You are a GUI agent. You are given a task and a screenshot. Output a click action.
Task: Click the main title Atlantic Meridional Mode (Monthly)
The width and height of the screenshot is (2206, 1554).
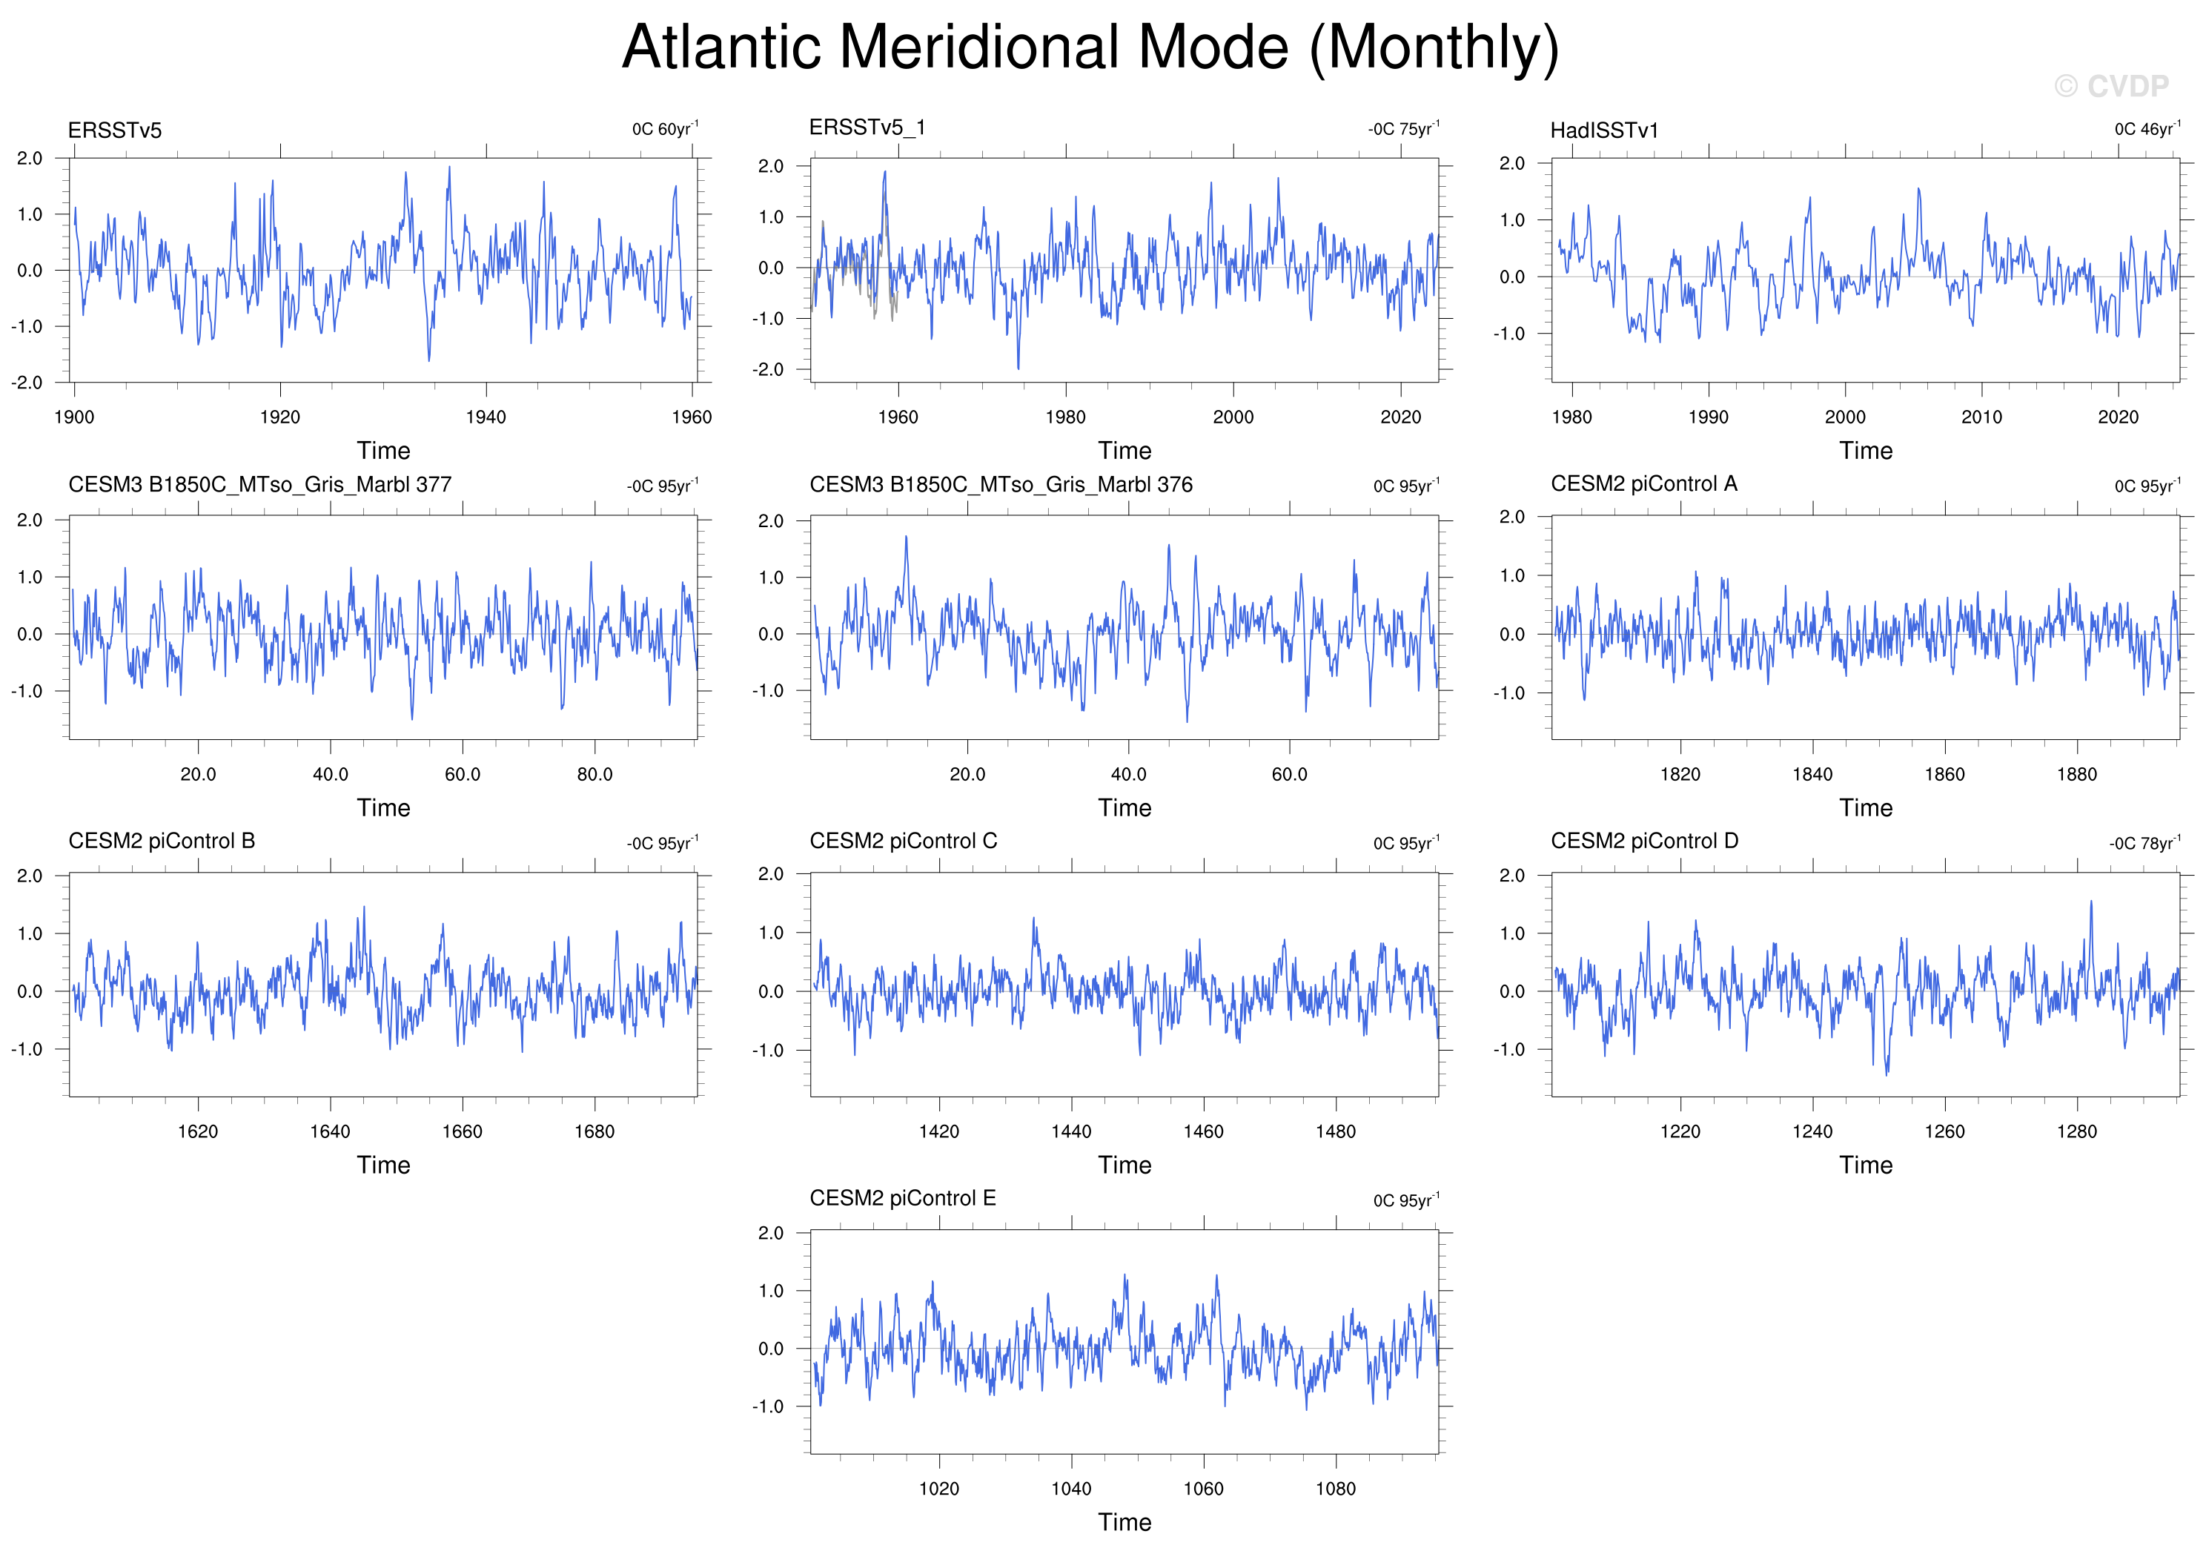(1090, 47)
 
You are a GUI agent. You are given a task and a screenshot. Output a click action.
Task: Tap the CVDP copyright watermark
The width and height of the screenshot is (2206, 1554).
(2111, 87)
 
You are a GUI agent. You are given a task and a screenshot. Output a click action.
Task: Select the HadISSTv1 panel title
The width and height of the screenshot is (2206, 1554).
(1605, 130)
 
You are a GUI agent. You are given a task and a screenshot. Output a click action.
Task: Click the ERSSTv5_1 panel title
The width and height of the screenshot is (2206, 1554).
(867, 128)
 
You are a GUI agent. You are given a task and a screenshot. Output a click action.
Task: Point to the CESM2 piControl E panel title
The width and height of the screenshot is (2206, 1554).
(902, 1197)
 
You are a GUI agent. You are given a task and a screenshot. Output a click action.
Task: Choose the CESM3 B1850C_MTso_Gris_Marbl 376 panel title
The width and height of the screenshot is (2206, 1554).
(1001, 484)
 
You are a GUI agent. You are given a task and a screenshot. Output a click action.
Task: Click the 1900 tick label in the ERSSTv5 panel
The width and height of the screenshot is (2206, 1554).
(74, 417)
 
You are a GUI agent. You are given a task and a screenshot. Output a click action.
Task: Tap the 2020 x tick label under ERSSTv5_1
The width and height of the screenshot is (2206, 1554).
(1401, 417)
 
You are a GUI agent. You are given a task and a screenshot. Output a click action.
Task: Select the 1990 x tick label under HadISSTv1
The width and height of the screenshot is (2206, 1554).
(1709, 417)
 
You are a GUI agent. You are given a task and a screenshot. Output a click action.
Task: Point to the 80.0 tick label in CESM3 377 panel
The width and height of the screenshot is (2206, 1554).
(594, 775)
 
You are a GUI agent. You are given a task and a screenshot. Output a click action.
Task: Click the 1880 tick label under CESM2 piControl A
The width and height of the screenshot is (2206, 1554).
(2077, 775)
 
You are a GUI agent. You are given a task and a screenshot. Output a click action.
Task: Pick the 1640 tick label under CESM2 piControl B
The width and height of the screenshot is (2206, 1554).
(330, 1132)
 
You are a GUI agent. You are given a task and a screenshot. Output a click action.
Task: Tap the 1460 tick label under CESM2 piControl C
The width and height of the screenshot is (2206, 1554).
(1203, 1132)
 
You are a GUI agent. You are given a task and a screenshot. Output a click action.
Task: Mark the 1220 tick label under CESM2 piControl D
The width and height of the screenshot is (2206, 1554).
(1680, 1132)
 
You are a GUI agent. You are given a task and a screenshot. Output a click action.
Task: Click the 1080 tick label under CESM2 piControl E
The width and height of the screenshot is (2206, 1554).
(1336, 1489)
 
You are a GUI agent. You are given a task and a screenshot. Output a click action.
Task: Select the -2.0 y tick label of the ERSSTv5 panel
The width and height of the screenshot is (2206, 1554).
(27, 383)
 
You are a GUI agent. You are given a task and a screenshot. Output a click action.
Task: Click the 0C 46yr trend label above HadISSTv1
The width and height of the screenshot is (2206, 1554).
(2147, 129)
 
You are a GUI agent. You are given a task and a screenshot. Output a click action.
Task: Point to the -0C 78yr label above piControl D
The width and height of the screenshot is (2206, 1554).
(2144, 843)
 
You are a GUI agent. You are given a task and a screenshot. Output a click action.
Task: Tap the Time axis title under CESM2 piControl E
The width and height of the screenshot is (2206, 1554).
(1124, 1522)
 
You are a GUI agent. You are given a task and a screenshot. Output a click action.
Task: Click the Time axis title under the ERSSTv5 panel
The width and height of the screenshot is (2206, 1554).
(383, 451)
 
